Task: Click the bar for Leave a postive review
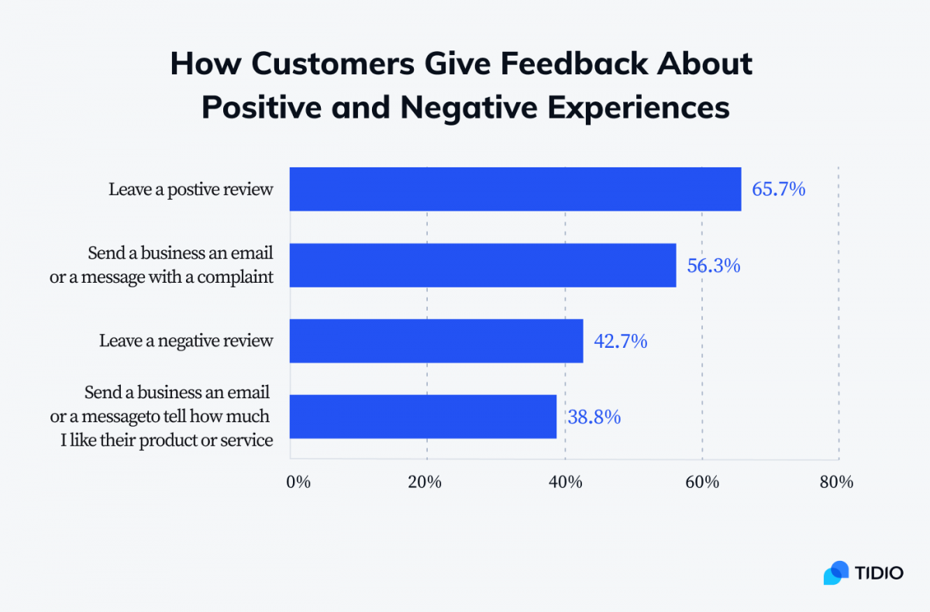click(515, 189)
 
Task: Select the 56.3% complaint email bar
click(482, 265)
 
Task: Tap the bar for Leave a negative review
click(436, 341)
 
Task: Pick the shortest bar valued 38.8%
click(422, 417)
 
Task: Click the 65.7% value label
click(779, 189)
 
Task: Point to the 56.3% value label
click(714, 265)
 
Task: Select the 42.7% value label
click(620, 341)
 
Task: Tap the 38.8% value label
click(594, 417)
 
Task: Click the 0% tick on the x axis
click(298, 482)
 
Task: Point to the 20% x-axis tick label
click(425, 482)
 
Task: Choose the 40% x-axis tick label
click(565, 482)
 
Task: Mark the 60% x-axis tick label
click(702, 482)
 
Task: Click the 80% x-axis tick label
click(836, 482)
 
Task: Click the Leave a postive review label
click(191, 189)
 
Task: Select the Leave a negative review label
click(186, 341)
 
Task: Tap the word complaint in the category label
click(237, 277)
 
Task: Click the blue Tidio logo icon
click(836, 572)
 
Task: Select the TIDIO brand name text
click(879, 573)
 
